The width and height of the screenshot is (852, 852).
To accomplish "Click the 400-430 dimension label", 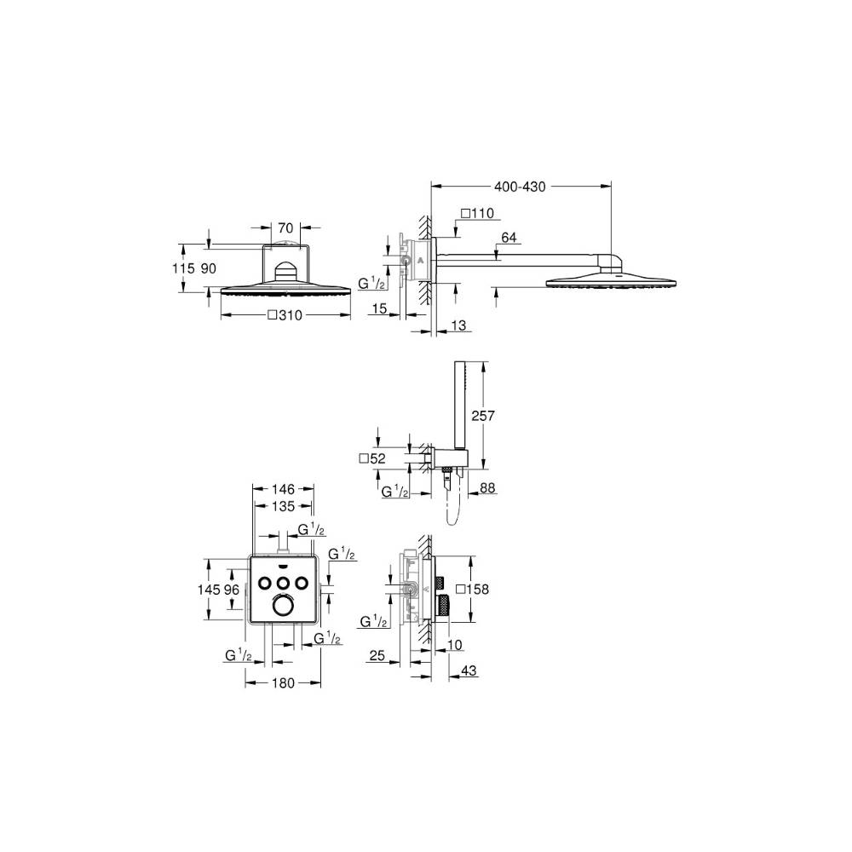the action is click(x=520, y=187).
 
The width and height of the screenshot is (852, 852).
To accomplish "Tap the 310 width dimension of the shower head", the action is click(x=285, y=315).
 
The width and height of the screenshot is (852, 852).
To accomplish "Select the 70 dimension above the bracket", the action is click(x=285, y=228).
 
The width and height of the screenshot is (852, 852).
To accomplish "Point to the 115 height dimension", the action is click(x=182, y=268).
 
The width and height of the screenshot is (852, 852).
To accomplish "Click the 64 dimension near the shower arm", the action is click(x=509, y=238).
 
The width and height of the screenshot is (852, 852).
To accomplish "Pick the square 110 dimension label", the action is click(x=478, y=213).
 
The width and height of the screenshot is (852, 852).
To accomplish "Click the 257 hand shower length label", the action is click(x=482, y=416).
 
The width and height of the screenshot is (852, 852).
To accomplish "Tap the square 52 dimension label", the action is click(x=373, y=458).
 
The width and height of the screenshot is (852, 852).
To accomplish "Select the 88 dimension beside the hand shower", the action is click(x=487, y=488).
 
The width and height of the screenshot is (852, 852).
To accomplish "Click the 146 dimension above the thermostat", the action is click(x=283, y=489).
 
